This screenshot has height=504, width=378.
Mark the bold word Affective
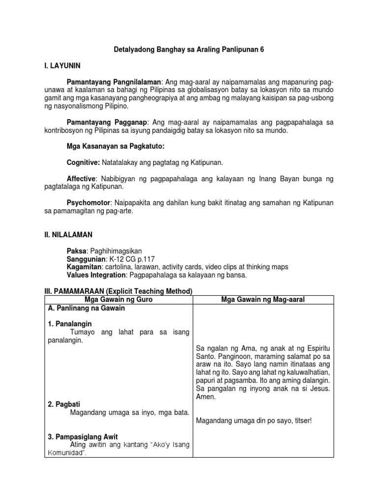(81, 179)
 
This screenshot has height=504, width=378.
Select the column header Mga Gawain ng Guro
(119, 300)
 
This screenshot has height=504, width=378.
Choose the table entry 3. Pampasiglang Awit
(83, 437)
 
